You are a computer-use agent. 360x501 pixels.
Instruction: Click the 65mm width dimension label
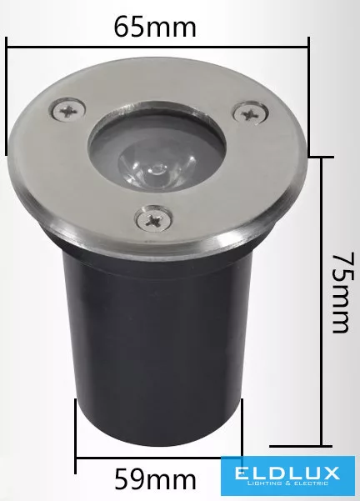coord(155,28)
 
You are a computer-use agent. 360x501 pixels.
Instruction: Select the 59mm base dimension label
coord(155,479)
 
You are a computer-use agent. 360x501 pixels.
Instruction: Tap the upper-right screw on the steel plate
coord(251,113)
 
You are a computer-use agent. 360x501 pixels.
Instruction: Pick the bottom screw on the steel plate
coord(154,219)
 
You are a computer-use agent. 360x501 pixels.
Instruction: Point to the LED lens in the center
coord(157,166)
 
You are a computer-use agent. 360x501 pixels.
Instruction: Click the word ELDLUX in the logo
coord(287,473)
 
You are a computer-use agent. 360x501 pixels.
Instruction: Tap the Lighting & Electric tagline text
coord(287,483)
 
